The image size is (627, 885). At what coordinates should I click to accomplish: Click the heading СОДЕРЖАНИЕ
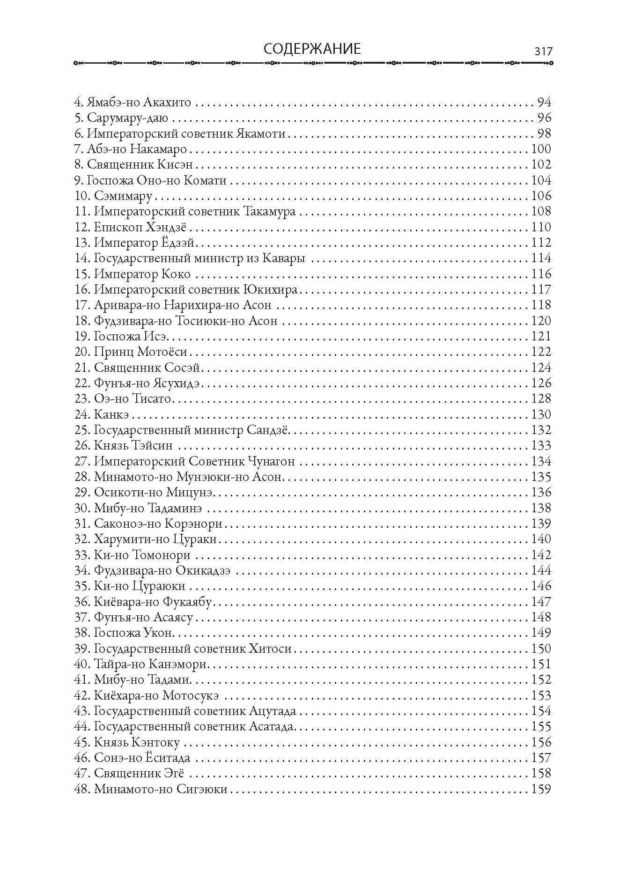click(x=312, y=49)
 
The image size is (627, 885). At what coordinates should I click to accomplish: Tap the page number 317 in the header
click(x=543, y=52)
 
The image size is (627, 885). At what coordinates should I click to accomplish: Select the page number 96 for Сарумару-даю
click(x=545, y=118)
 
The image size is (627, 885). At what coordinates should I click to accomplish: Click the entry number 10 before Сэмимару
click(x=82, y=196)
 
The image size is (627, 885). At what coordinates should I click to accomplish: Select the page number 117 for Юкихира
click(x=541, y=290)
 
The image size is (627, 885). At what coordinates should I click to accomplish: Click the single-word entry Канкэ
click(x=111, y=415)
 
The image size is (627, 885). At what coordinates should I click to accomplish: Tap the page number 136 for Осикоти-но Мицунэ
click(x=541, y=493)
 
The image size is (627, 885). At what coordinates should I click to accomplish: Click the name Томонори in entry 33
click(x=162, y=555)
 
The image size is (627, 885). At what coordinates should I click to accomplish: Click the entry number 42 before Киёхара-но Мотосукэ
click(x=82, y=696)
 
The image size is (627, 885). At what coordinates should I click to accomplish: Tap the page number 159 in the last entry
click(x=541, y=789)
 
